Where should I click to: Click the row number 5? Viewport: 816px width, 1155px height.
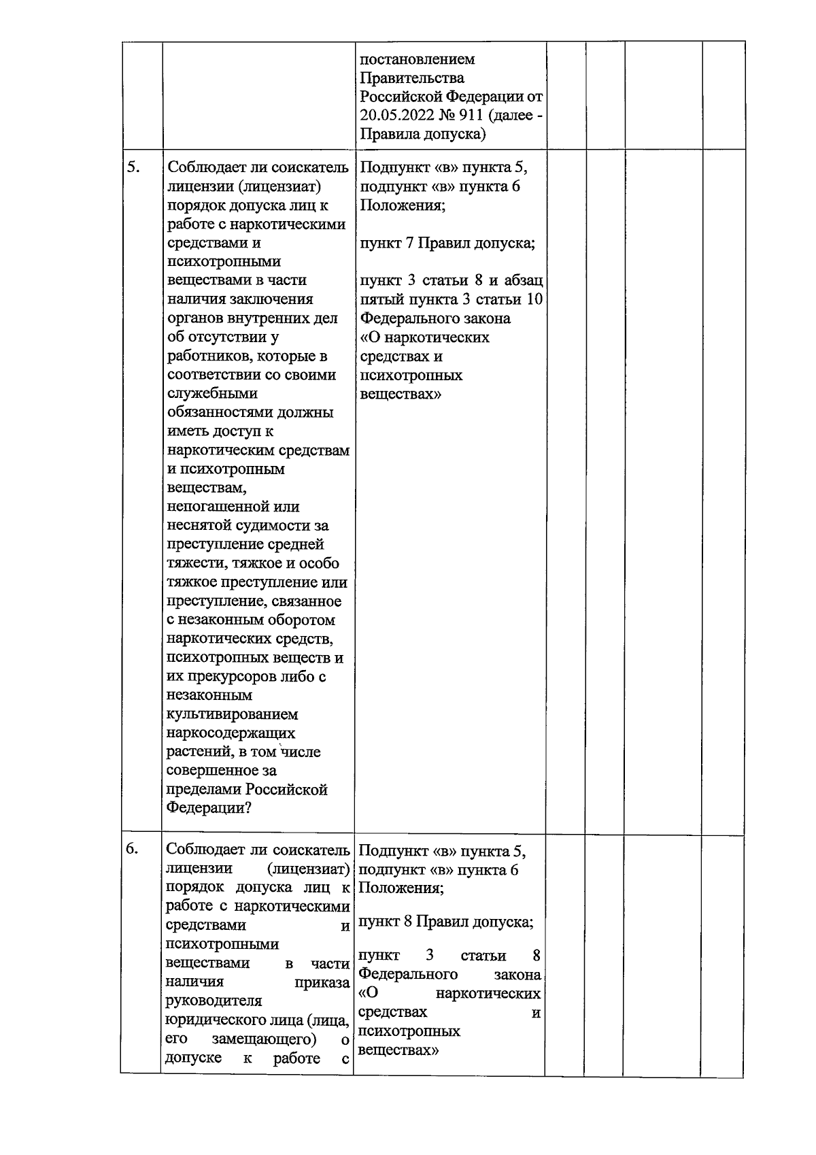point(133,167)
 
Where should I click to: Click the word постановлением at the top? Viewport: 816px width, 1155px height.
point(418,59)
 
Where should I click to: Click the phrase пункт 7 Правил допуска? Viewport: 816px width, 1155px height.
point(446,243)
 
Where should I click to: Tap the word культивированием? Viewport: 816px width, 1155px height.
point(233,714)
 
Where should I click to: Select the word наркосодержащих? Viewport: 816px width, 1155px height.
point(231,733)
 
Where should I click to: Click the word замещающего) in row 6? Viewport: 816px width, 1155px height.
point(265,1039)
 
